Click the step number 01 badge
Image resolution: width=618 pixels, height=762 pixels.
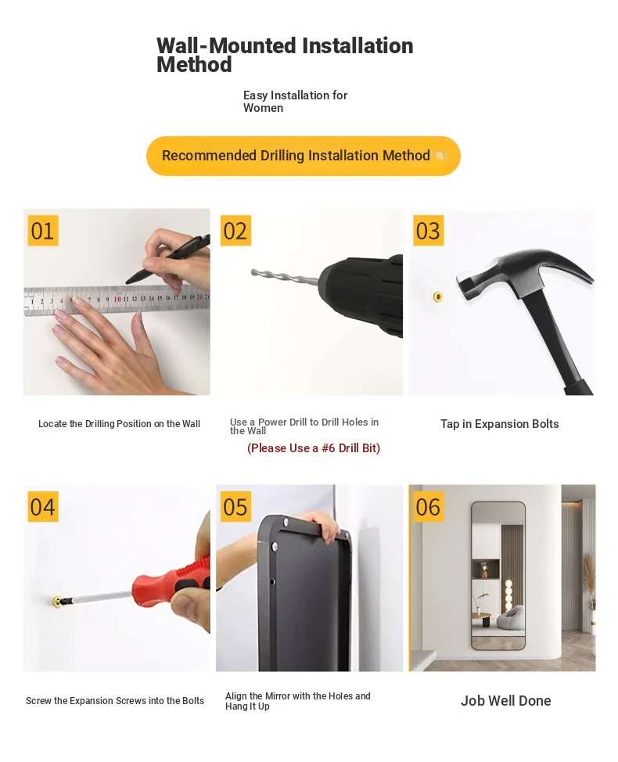(x=43, y=230)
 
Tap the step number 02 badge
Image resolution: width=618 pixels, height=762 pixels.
(x=235, y=230)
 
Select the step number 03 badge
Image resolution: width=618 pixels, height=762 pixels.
(x=429, y=230)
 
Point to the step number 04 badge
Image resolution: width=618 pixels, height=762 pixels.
(x=43, y=506)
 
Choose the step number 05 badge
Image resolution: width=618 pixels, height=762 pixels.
(x=235, y=506)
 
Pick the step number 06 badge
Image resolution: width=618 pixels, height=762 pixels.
(x=429, y=506)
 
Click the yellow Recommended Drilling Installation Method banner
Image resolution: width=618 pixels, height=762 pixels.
(x=304, y=156)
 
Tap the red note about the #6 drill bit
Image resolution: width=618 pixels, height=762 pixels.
(x=314, y=448)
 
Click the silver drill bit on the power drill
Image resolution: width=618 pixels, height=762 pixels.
(x=285, y=276)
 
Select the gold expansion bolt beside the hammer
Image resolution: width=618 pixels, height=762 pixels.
(x=437, y=297)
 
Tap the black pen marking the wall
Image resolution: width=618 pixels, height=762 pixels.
(x=168, y=260)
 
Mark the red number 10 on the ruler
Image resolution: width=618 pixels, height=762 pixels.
(x=117, y=299)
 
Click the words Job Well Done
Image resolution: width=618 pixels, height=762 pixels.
(x=506, y=701)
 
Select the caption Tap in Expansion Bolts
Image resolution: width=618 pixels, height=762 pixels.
(x=499, y=424)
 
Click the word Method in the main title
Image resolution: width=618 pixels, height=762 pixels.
(x=194, y=65)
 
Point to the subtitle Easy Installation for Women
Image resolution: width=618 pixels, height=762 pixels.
(x=296, y=102)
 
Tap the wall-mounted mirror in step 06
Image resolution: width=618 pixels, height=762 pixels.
(x=498, y=576)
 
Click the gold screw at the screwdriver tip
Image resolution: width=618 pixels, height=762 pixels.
(x=57, y=602)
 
